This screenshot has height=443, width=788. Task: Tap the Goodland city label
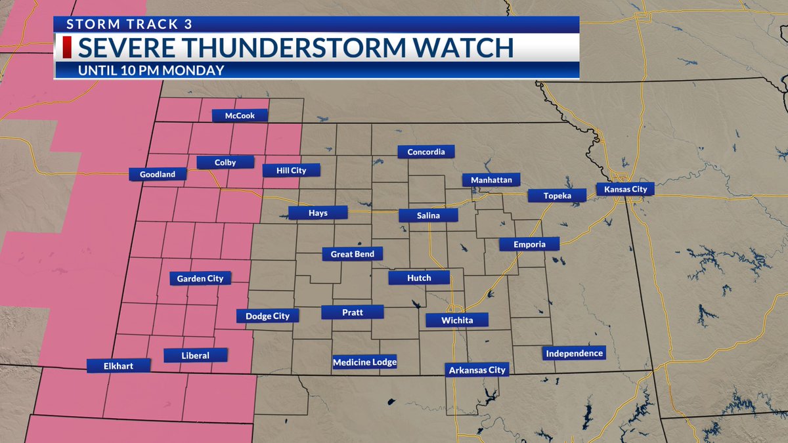tap(158, 175)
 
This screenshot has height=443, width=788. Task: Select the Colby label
tap(225, 162)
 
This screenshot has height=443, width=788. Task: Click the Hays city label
tap(318, 213)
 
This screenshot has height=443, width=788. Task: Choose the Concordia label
tap(426, 152)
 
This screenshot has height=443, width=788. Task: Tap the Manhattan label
tap(491, 179)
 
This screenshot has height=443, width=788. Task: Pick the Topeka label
tap(558, 196)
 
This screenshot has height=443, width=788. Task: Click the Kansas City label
tap(625, 189)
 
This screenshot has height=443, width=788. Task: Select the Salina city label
tap(428, 215)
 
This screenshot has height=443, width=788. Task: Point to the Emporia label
tap(529, 244)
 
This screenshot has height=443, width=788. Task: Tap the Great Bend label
tap(352, 254)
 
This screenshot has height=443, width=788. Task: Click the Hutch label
tap(419, 278)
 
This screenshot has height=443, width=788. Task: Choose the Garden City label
tap(200, 278)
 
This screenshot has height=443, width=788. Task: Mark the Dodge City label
tap(267, 316)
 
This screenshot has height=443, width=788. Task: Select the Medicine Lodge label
tap(365, 362)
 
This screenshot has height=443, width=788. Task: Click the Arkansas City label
tap(477, 370)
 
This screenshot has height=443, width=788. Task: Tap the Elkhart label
tap(118, 366)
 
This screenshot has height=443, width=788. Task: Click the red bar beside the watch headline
tap(66, 48)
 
